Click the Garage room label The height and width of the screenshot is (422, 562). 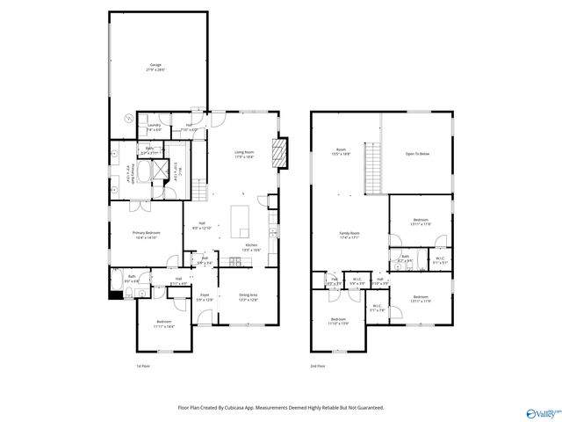[157, 67]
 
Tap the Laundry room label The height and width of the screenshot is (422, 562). [154, 127]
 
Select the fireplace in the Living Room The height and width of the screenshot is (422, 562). [279, 153]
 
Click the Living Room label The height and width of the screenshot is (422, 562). [244, 155]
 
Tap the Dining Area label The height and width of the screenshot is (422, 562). [249, 296]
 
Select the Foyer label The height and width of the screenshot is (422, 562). [205, 296]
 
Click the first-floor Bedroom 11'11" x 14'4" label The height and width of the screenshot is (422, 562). [164, 324]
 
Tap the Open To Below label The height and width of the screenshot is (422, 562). [417, 154]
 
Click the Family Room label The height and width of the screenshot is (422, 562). [350, 235]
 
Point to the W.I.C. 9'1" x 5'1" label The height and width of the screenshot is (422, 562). [440, 261]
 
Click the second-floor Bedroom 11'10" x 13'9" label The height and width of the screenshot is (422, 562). [339, 321]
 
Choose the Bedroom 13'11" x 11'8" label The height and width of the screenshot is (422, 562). [421, 222]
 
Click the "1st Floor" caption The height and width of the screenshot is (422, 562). [143, 366]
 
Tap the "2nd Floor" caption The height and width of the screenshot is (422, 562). [318, 366]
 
